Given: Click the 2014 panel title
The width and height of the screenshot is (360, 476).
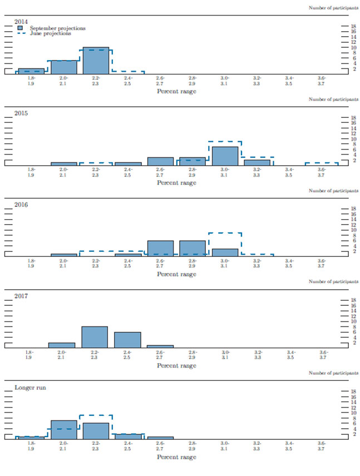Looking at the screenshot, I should tap(21, 22).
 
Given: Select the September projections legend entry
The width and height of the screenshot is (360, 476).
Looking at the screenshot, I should tap(53, 28).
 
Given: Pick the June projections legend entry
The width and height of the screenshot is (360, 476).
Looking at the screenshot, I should tap(50, 33).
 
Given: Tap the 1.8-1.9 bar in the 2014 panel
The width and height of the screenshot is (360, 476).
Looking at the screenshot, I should tap(31, 71).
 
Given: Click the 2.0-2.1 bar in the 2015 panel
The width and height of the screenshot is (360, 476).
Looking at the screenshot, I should tap(63, 164).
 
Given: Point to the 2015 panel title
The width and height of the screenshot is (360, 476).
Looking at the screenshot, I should tap(21, 113).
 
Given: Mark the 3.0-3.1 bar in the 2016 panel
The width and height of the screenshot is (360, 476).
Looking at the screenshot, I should tap(225, 252).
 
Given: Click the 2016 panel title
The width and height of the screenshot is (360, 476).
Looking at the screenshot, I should tap(21, 204).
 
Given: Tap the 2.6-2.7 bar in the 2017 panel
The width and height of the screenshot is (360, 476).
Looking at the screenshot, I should tap(160, 346).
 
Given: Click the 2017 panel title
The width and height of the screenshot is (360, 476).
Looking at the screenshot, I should tap(21, 295).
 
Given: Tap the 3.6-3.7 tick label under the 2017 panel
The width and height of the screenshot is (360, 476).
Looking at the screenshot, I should tap(322, 355).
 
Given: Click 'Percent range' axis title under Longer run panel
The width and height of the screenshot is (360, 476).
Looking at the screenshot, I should tap(176, 457).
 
